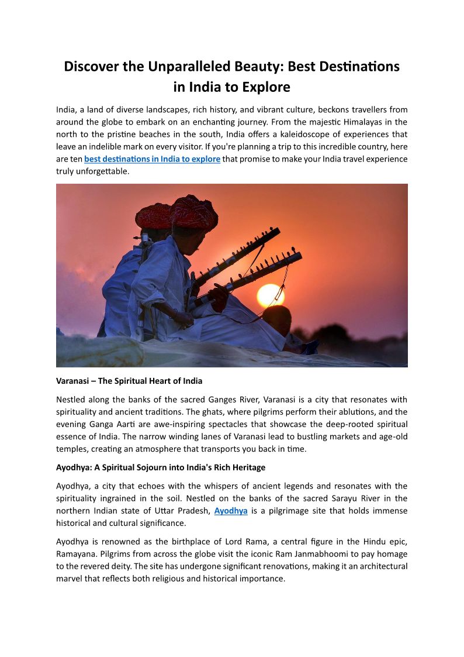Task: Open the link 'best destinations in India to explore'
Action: [152, 159]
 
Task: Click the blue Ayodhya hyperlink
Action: [231, 511]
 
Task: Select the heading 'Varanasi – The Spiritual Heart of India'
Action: [129, 381]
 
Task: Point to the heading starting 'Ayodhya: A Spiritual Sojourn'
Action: [161, 467]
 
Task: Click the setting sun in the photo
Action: [270, 295]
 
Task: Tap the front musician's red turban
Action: [194, 211]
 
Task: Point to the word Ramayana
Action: [81, 554]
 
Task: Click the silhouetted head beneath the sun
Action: [276, 319]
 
